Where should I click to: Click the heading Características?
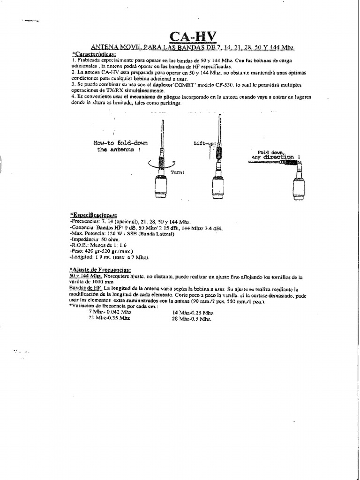94,55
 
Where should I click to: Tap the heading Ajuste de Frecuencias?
100,270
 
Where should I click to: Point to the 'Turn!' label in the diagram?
177,172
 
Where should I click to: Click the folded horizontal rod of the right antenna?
264,162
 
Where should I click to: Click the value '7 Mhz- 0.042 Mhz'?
110,312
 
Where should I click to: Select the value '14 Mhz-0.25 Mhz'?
193,312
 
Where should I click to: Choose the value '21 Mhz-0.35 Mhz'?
109,318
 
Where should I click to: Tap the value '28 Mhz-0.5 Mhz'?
192,318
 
